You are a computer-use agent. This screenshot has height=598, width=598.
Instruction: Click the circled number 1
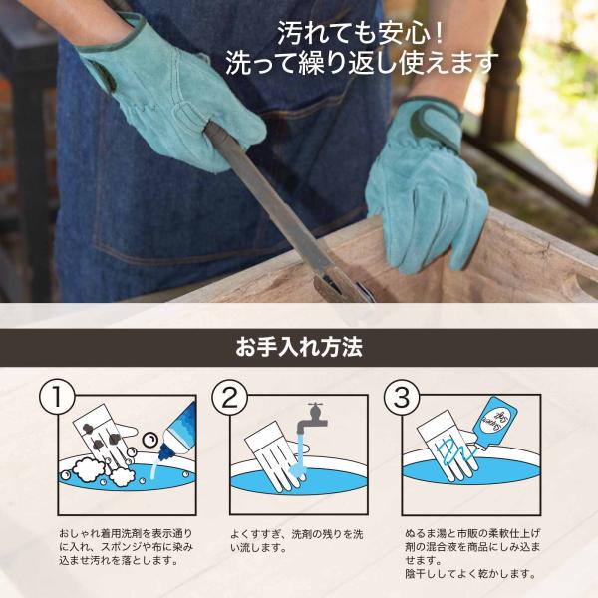[x=57, y=397]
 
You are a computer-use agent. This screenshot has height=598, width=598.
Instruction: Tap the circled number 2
[x=229, y=397]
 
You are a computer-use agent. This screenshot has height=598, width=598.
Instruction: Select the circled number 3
[x=402, y=397]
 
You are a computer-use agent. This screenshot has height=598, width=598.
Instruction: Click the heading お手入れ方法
[x=299, y=347]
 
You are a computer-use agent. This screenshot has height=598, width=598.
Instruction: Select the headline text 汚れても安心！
[x=361, y=33]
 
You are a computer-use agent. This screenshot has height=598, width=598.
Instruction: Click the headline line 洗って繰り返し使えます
[x=363, y=62]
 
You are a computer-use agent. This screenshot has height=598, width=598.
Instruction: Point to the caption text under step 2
[x=296, y=541]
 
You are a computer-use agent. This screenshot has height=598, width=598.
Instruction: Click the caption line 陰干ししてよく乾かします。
[x=471, y=574]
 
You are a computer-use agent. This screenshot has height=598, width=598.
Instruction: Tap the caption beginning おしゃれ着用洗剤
[x=126, y=547]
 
